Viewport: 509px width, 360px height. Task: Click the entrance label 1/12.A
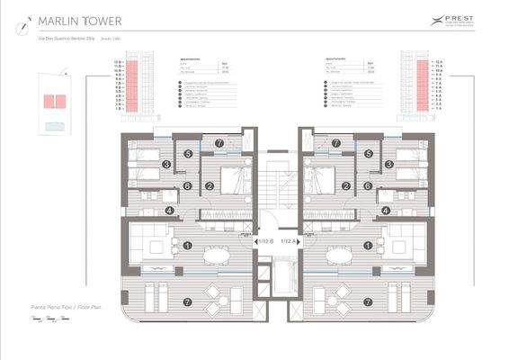pos(290,242)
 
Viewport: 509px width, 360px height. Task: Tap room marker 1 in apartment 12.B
pos(188,243)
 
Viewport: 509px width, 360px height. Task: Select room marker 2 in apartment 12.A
pos(346,186)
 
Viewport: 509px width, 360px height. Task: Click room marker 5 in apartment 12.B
pos(188,154)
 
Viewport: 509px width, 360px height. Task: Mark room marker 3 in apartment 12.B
pos(167,165)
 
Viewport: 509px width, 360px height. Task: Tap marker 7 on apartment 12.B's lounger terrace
pos(188,301)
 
